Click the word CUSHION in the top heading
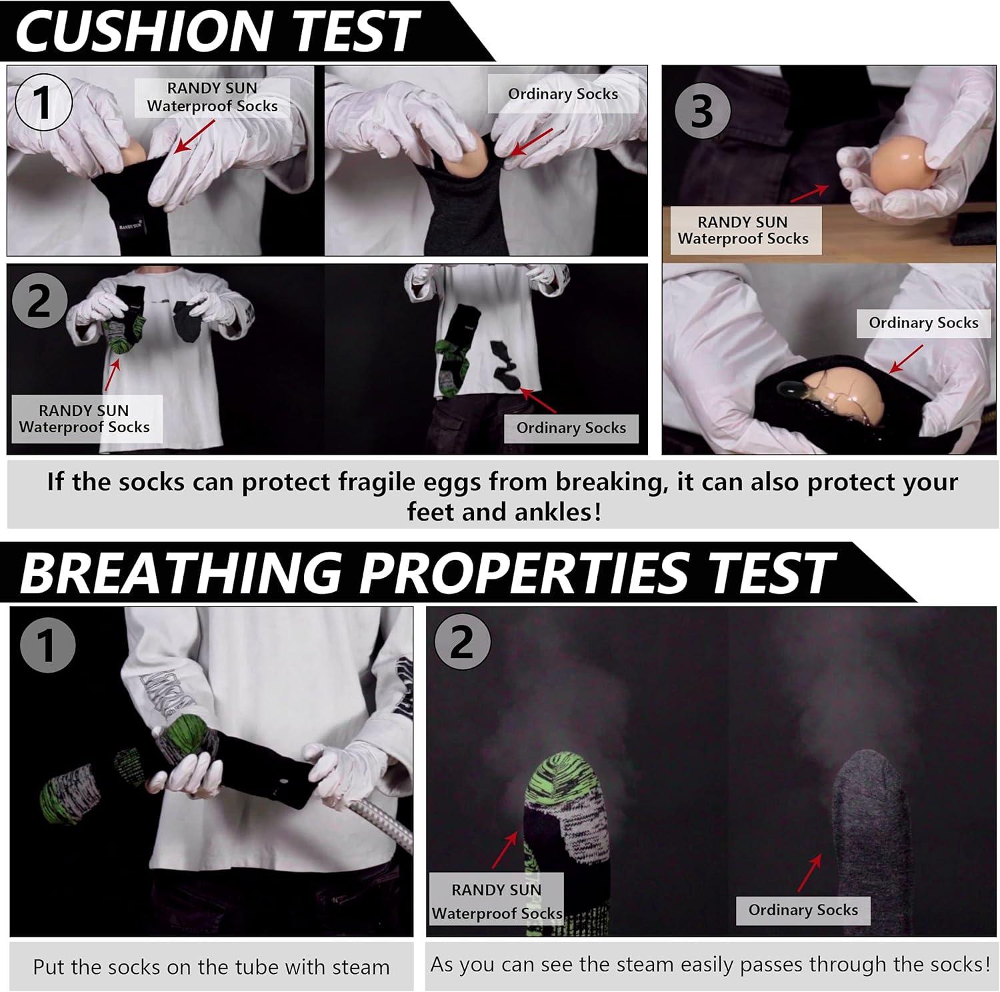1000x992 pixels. pos(146,31)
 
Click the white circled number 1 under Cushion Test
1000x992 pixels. pos(43,102)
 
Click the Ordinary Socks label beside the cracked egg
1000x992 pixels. pos(923,323)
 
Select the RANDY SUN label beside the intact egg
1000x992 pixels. pos(743,230)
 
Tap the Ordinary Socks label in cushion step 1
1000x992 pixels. pos(563,94)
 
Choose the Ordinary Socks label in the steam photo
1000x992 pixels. pos(803,910)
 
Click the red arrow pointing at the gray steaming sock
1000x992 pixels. pos(809,873)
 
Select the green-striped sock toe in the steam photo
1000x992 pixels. pos(564,780)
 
